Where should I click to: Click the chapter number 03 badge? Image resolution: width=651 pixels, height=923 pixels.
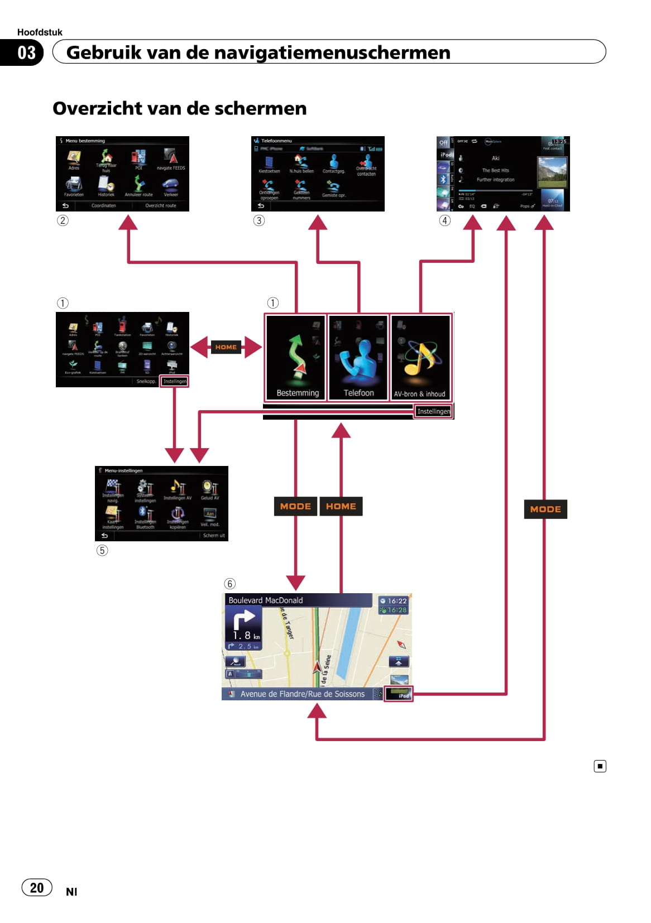pyautogui.click(x=26, y=52)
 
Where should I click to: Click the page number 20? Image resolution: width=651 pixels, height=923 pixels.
pyautogui.click(x=37, y=887)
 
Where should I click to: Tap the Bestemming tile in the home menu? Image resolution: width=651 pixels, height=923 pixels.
pyautogui.click(x=296, y=357)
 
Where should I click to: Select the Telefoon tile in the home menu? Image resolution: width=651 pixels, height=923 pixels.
pyautogui.click(x=358, y=357)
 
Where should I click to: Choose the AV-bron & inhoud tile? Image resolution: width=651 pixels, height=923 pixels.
pyautogui.click(x=420, y=357)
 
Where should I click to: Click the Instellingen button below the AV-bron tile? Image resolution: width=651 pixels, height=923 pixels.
pyautogui.click(x=433, y=411)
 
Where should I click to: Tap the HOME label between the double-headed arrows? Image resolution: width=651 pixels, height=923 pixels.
pyautogui.click(x=226, y=347)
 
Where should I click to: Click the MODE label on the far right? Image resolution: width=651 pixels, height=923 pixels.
pyautogui.click(x=545, y=509)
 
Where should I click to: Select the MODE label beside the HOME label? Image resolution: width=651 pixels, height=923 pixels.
pyautogui.click(x=295, y=506)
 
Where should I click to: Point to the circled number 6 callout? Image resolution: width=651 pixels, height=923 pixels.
pyautogui.click(x=229, y=584)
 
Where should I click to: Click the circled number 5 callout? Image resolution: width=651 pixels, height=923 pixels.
pyautogui.click(x=102, y=550)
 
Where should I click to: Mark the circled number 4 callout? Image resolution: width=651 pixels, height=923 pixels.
pyautogui.click(x=444, y=220)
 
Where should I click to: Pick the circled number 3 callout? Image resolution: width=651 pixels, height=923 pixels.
pyautogui.click(x=259, y=220)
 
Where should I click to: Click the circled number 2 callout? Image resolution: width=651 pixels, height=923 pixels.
pyautogui.click(x=63, y=220)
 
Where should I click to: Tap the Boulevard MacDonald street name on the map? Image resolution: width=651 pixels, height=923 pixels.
pyautogui.click(x=266, y=600)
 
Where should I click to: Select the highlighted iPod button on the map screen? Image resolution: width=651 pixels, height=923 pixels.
pyautogui.click(x=399, y=695)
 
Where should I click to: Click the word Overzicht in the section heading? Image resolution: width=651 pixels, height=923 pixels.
pyautogui.click(x=92, y=108)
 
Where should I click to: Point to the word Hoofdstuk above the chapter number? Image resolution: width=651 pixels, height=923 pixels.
pyautogui.click(x=40, y=32)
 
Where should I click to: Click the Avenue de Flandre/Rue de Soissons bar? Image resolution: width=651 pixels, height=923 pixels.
pyautogui.click(x=302, y=694)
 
